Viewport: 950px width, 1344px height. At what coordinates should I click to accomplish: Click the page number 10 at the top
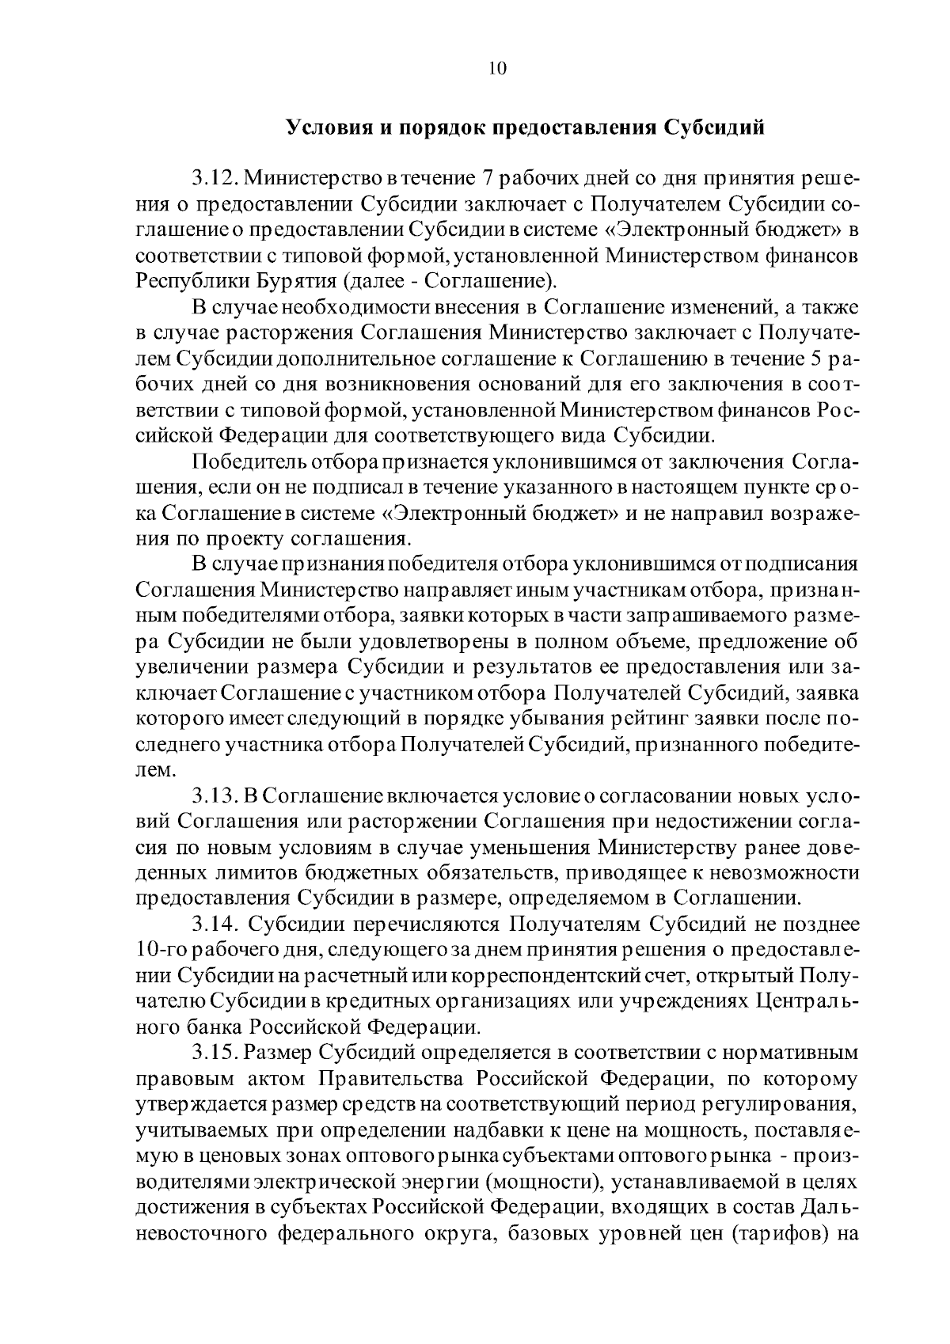[x=497, y=68]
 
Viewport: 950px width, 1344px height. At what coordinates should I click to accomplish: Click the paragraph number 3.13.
[x=214, y=795]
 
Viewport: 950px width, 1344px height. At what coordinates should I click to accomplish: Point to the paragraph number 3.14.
[x=214, y=924]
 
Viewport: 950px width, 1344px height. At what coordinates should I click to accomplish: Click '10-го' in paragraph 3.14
[x=162, y=950]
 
